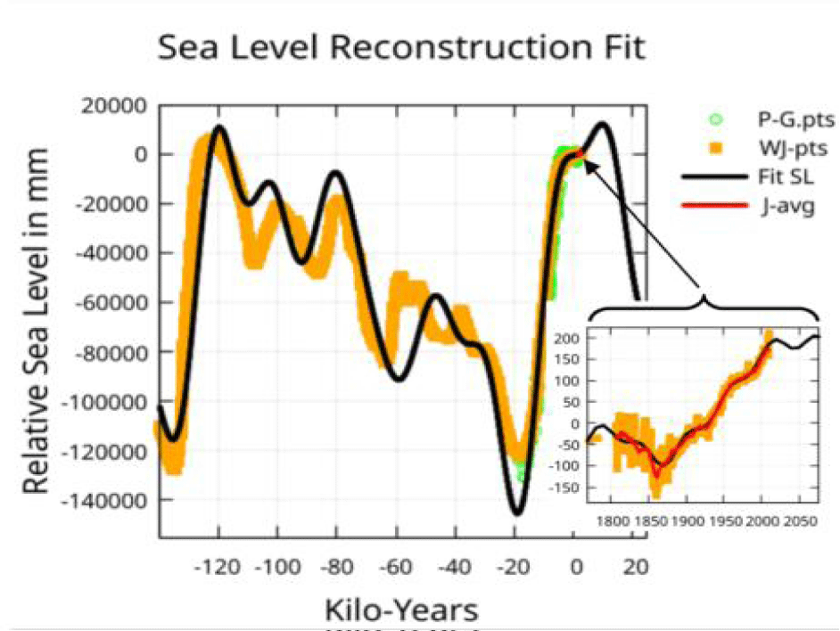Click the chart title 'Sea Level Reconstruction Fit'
pyautogui.click(x=400, y=47)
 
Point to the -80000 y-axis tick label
pyautogui.click(x=106, y=353)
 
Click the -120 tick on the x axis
pyautogui.click(x=218, y=566)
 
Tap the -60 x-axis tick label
pyautogui.click(x=399, y=566)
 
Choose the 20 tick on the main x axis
pyautogui.click(x=636, y=566)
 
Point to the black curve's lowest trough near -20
pyautogui.click(x=516, y=513)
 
